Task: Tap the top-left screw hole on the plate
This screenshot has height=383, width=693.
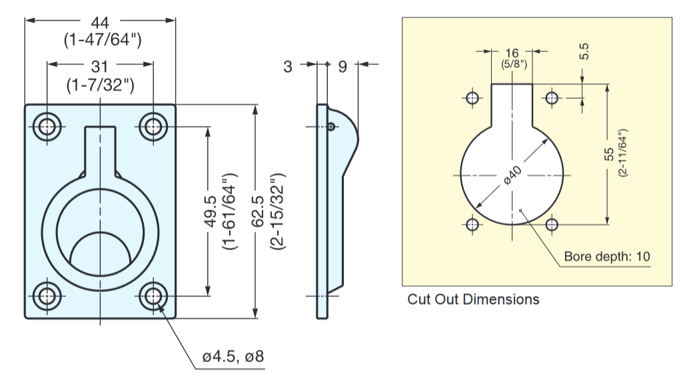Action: (46, 125)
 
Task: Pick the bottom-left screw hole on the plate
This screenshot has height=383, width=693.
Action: (46, 295)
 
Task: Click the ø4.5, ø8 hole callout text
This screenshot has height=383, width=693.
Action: (233, 357)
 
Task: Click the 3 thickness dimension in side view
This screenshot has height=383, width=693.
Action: (288, 66)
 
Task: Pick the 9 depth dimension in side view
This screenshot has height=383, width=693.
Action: (343, 66)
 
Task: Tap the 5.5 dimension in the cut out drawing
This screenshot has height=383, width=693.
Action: (584, 52)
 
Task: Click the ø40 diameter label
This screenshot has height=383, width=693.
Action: (512, 175)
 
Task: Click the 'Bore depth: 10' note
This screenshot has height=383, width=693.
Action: (607, 256)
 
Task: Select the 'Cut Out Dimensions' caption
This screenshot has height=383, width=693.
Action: (473, 299)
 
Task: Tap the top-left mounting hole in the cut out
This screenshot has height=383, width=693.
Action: (472, 99)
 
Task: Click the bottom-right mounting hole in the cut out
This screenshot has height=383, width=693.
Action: (552, 224)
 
